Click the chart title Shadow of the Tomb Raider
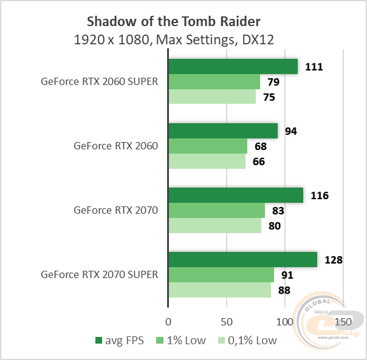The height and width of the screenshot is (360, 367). pyautogui.click(x=174, y=22)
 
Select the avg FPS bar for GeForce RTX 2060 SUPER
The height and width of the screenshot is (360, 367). pyautogui.click(x=233, y=66)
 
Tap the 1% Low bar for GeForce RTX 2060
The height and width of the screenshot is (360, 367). pyautogui.click(x=208, y=146)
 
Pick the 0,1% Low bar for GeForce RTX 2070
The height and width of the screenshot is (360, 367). pyautogui.click(x=214, y=226)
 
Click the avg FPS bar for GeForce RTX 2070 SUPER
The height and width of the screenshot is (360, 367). pyautogui.click(x=242, y=260)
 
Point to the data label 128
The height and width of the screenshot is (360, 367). pyautogui.click(x=334, y=260)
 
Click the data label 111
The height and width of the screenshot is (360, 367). pyautogui.click(x=314, y=67)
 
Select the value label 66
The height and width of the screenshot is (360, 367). pyautogui.click(x=259, y=161)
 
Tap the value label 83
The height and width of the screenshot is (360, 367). pyautogui.click(x=279, y=211)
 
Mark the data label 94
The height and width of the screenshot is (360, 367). pyautogui.click(x=292, y=131)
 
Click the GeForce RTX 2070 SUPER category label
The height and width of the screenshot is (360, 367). pyautogui.click(x=100, y=274)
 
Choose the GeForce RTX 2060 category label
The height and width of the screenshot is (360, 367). pyautogui.click(x=115, y=146)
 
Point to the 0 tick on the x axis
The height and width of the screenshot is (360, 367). pyautogui.click(x=168, y=321)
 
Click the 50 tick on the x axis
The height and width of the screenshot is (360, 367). pyautogui.click(x=227, y=321)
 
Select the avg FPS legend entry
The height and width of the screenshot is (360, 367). pyautogui.click(x=120, y=341)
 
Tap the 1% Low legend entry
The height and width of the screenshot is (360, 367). pyautogui.click(x=182, y=341)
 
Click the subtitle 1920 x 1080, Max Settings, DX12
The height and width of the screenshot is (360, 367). pyautogui.click(x=174, y=40)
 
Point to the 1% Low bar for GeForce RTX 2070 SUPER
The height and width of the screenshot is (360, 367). pyautogui.click(x=221, y=275)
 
